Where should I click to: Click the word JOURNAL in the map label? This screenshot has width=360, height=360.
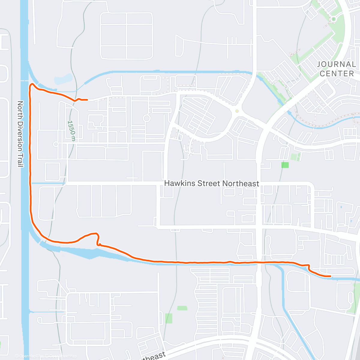pos(336,64)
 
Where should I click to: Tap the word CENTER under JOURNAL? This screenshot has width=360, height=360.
pos(337,73)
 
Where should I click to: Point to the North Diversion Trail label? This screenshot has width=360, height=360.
pos(20,134)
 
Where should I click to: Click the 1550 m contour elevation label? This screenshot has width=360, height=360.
pos(71,130)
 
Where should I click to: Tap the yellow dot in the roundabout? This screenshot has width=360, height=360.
pos(237,111)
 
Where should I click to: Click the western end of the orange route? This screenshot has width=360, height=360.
pos(87,100)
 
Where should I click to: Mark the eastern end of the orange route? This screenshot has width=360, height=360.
pos(330,276)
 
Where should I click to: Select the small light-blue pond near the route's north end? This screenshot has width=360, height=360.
pos(63,79)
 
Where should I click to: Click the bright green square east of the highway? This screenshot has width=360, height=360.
pos(285,165)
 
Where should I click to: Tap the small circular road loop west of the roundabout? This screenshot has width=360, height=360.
pos(146,118)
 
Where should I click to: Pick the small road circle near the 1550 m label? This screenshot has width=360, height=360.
pos(55,144)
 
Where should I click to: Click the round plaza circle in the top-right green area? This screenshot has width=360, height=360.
pos(333,19)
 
